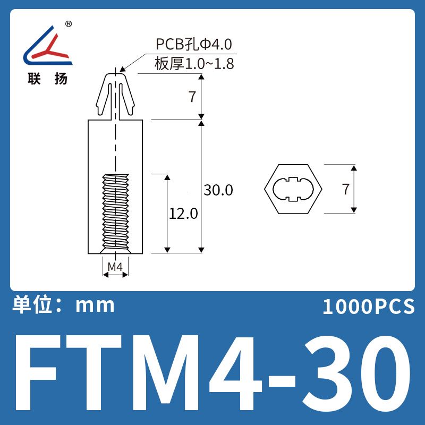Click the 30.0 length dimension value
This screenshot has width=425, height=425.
click(x=218, y=190)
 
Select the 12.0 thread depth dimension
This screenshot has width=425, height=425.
click(x=183, y=214)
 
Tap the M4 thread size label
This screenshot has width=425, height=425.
click(x=115, y=267)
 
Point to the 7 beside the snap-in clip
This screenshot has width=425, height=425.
click(x=192, y=97)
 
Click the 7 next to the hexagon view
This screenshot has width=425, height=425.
click(x=346, y=189)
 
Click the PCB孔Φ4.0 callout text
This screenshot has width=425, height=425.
click(x=194, y=44)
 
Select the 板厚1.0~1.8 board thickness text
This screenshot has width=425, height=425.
click(x=194, y=64)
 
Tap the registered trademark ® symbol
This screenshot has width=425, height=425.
click(x=69, y=24)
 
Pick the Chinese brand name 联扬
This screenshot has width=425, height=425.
click(x=47, y=79)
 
